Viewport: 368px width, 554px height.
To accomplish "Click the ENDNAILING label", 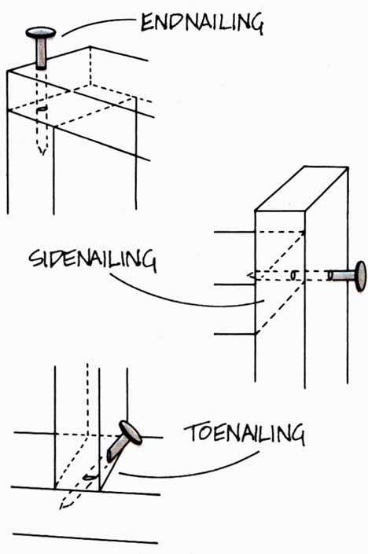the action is (x=202, y=23).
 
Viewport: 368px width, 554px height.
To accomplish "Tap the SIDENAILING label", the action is (x=92, y=259).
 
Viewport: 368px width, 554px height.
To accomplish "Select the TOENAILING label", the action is (x=244, y=434).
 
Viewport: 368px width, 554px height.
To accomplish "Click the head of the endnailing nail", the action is (x=41, y=33).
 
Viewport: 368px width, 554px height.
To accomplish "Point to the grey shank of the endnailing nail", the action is (x=41, y=53).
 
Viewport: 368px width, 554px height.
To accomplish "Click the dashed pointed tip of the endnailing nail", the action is (x=42, y=150).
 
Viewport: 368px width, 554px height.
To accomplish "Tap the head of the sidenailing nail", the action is (x=360, y=277).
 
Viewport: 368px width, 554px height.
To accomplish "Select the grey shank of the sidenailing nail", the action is (x=341, y=276).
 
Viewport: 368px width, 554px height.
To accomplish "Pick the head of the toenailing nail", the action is (x=131, y=432).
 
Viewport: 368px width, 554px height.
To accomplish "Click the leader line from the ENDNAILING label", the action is (x=98, y=24).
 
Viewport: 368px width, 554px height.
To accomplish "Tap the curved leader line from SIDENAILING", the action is (x=180, y=297).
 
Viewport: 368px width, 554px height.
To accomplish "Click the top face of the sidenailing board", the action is (x=301, y=189).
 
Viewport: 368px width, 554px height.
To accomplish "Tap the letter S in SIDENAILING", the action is (x=35, y=259).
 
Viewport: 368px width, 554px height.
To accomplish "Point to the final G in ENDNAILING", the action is (x=256, y=24).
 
